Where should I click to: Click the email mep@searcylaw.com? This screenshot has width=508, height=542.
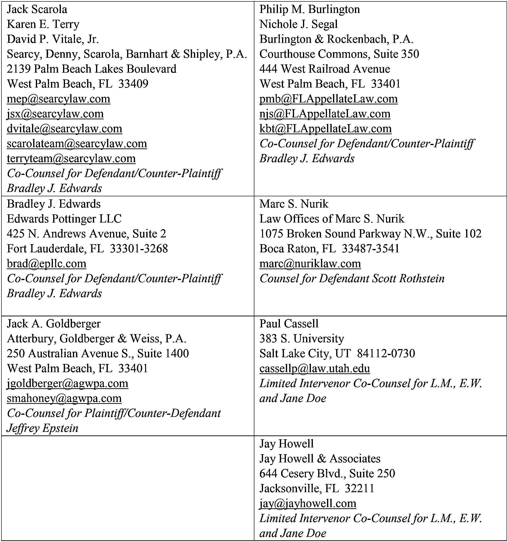click(x=58, y=99)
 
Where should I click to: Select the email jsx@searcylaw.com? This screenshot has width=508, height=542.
click(x=55, y=114)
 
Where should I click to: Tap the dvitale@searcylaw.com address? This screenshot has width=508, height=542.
click(x=64, y=129)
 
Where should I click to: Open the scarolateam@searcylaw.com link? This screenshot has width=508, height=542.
click(x=77, y=144)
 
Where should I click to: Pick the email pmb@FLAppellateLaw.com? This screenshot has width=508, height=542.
click(x=328, y=99)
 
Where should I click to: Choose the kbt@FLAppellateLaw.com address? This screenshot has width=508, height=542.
click(x=325, y=129)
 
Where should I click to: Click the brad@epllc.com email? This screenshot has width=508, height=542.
click(x=46, y=264)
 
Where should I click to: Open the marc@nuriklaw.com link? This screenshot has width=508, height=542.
click(x=310, y=264)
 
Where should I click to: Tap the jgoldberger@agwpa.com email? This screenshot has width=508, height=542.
click(x=67, y=383)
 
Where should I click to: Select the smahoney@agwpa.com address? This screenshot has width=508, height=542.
click(x=64, y=398)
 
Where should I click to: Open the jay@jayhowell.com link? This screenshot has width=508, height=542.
click(x=308, y=503)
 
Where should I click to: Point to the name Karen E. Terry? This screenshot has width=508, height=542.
click(x=43, y=24)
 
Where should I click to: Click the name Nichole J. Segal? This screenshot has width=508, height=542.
click(x=298, y=24)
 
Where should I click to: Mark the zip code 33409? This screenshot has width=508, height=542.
click(x=133, y=84)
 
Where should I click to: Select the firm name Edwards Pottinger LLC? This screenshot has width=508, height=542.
click(x=64, y=219)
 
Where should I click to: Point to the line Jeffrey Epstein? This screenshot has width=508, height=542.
click(x=43, y=428)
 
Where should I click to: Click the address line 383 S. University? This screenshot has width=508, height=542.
click(x=302, y=339)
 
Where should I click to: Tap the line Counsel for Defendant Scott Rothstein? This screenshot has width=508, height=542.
click(x=352, y=279)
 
